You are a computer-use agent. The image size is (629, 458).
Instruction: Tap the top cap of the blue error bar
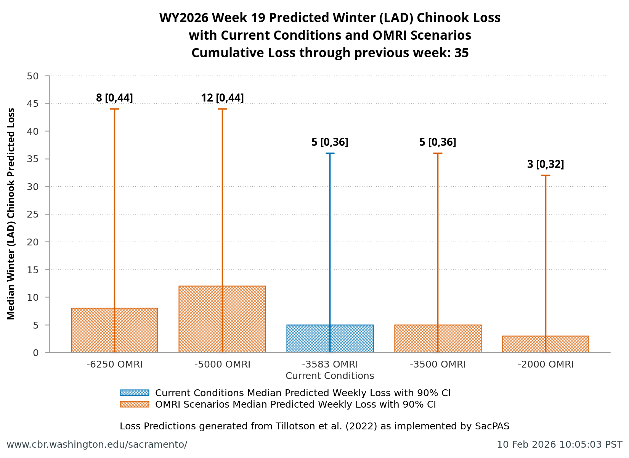point(330,153)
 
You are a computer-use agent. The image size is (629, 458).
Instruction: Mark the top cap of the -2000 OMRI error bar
point(546,175)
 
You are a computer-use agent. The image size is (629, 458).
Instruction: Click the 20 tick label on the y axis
point(33,242)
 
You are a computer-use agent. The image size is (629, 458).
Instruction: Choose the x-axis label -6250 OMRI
point(114,364)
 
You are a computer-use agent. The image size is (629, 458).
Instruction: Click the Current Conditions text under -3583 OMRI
point(330,376)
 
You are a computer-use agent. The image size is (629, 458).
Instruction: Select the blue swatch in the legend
point(134,393)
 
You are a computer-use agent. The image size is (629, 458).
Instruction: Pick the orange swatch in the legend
point(134,404)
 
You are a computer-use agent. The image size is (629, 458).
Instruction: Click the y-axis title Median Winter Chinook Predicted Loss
point(11,214)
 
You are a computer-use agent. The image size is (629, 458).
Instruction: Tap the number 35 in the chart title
point(461,53)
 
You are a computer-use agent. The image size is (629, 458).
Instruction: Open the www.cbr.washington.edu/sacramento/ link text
point(97,445)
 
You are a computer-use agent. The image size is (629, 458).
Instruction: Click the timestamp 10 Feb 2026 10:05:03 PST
point(559,445)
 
